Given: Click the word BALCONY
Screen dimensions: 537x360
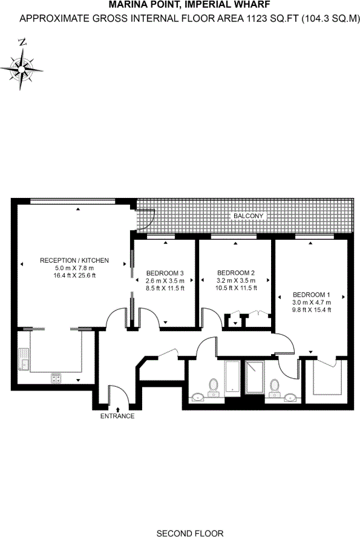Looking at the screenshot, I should point(249,216).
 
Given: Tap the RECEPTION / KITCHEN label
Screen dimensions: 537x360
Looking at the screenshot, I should point(74,260).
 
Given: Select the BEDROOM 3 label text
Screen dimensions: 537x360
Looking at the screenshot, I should point(165,273).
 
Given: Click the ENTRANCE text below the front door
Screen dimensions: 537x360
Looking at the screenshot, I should point(117,417).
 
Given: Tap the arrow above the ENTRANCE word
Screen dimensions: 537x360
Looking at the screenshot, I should point(117,410).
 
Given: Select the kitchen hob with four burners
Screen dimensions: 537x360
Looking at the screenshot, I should point(56,378).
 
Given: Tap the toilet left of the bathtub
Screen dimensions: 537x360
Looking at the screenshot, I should point(213,385).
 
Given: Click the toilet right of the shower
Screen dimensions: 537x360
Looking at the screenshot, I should point(275,384).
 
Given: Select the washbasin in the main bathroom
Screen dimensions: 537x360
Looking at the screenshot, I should point(198,398).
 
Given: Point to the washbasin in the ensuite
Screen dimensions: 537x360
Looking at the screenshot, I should point(290,398).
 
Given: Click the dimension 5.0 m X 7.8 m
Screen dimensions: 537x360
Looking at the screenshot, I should point(74,268).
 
